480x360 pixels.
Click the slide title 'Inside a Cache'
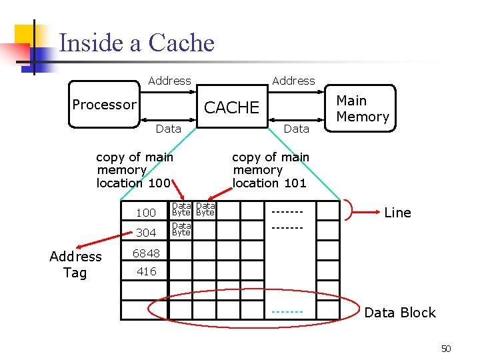click(x=137, y=43)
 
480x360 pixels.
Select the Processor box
click(x=104, y=105)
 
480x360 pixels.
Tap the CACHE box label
click(x=231, y=107)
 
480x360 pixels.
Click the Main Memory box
click(x=362, y=109)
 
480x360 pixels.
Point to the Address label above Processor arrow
click(x=169, y=81)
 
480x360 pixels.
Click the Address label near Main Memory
click(x=293, y=81)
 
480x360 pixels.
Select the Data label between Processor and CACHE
click(x=168, y=129)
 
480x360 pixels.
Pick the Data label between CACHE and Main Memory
click(x=297, y=129)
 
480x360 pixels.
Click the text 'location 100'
click(x=133, y=183)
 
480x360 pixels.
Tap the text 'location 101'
click(x=269, y=183)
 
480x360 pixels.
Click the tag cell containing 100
click(x=145, y=213)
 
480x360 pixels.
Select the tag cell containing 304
click(x=145, y=233)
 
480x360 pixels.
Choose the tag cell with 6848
click(x=145, y=253)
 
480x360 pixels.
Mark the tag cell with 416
click(x=145, y=271)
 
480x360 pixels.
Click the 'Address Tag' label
click(x=75, y=265)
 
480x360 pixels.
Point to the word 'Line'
click(x=397, y=213)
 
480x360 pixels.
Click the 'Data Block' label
click(x=399, y=313)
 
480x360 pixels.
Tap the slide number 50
click(x=446, y=349)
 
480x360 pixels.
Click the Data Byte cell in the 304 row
click(x=181, y=229)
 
